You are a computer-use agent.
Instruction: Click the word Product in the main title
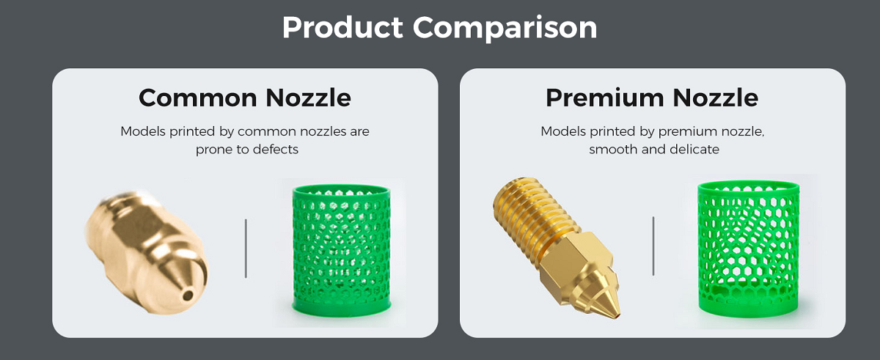tap(342, 28)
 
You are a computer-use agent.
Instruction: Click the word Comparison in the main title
tap(505, 28)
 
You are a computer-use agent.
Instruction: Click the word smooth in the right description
tap(612, 150)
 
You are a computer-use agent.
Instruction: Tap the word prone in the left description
tap(213, 150)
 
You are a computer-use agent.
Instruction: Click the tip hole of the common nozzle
tap(188, 295)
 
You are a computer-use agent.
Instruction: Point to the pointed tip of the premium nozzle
tap(617, 315)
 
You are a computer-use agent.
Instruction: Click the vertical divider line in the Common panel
tap(246, 248)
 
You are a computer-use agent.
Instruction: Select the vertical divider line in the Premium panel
tap(653, 246)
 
